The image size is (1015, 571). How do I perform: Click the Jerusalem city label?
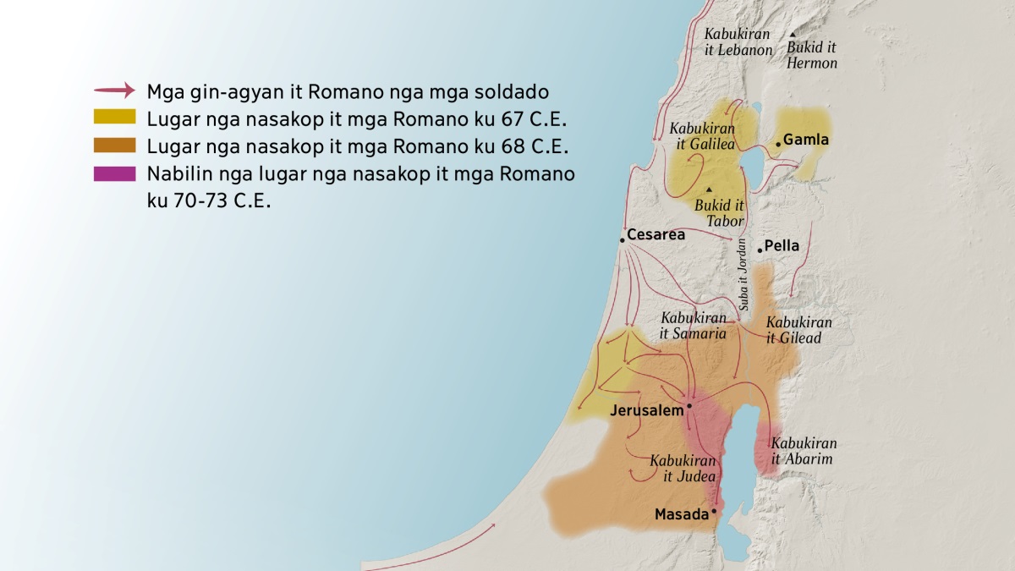(x=646, y=411)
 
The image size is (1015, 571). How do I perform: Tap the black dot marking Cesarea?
(x=622, y=240)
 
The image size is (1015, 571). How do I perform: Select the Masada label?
(x=681, y=514)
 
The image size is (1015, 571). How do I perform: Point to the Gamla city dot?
(x=778, y=144)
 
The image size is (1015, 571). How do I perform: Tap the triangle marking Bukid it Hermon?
(x=793, y=35)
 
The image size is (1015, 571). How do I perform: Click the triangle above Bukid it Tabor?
(x=709, y=189)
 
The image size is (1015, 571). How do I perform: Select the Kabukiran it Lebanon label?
(x=738, y=42)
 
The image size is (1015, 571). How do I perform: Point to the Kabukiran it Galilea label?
(x=702, y=136)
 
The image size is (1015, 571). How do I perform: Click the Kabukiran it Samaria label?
(x=694, y=326)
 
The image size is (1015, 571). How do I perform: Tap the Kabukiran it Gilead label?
(x=798, y=330)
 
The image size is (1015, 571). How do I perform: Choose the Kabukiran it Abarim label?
(x=804, y=451)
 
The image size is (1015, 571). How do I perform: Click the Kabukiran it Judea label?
(x=683, y=469)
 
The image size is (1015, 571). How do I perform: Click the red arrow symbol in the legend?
(x=114, y=90)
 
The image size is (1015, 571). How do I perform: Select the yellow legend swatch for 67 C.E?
(x=115, y=117)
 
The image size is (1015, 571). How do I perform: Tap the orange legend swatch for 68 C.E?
(x=115, y=145)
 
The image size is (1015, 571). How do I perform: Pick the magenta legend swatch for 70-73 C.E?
(x=115, y=173)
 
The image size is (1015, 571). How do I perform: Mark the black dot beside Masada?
(x=714, y=511)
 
